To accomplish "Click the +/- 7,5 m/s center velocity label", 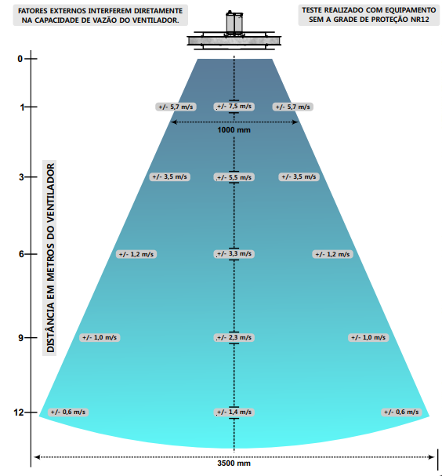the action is coord(234,107).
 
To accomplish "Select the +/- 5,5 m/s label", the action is coord(234,177).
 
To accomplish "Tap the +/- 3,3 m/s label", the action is coord(234,254).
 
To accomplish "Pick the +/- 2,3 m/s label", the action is coord(234,337).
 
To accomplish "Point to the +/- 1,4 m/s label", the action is coord(234,412).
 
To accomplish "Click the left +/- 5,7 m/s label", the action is coord(176,107).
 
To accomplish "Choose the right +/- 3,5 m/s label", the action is coord(299,176).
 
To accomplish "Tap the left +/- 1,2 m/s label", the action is coord(136,254).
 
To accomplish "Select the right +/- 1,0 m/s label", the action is coord(368,337).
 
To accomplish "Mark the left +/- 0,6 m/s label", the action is coord(68,412).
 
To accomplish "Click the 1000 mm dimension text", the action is coord(234,130).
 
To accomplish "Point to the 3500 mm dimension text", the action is coord(234,463).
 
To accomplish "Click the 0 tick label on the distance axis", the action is coord(20,59).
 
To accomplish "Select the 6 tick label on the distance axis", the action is coord(21,254).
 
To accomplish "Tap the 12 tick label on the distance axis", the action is coord(19,412).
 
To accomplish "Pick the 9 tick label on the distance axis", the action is coord(21,337).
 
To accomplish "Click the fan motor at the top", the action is coord(234,22).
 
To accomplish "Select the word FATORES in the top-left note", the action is coord(32,11).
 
